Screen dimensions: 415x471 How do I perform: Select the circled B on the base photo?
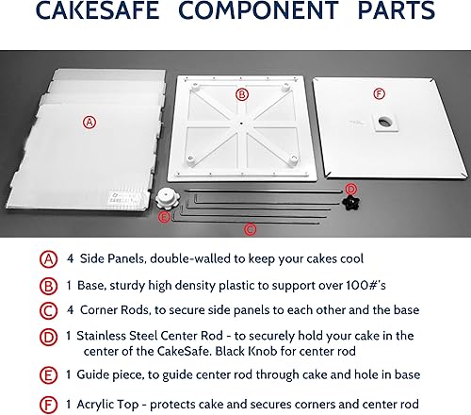click(x=241, y=94)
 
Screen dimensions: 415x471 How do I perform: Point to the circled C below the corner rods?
click(x=250, y=228)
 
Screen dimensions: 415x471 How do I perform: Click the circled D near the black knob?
click(x=350, y=189)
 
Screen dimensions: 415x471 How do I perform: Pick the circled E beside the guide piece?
click(x=165, y=218)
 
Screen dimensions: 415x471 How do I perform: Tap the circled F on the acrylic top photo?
click(x=379, y=93)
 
